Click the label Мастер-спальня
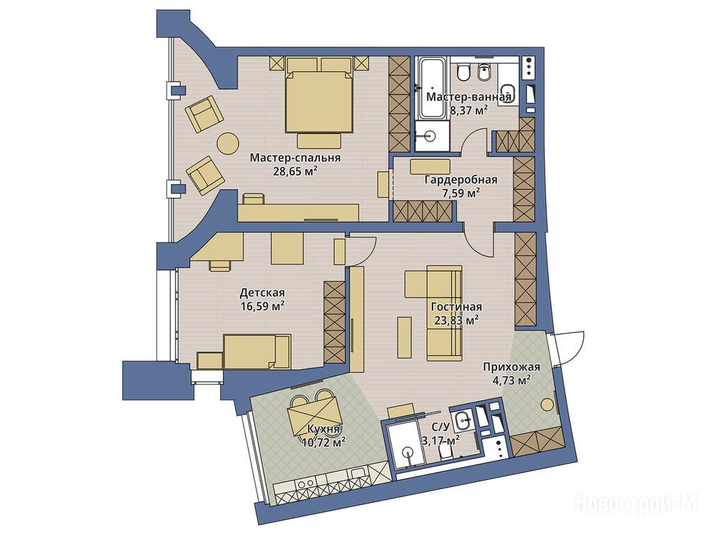pyautogui.click(x=295, y=158)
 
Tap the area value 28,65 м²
pyautogui.click(x=295, y=171)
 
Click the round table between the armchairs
pyautogui.click(x=228, y=144)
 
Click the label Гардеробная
pyautogui.click(x=461, y=180)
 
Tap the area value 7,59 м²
pyautogui.click(x=461, y=193)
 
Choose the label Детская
pyautogui.click(x=262, y=293)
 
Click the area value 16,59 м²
pyautogui.click(x=262, y=307)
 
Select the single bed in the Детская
pyautogui.click(x=257, y=352)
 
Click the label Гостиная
pyautogui.click(x=456, y=307)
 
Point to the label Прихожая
pyautogui.click(x=511, y=367)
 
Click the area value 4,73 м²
pyautogui.click(x=511, y=380)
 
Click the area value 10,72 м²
pyautogui.click(x=325, y=442)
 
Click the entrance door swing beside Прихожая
pyautogui.click(x=569, y=348)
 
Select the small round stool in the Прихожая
pyautogui.click(x=547, y=405)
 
